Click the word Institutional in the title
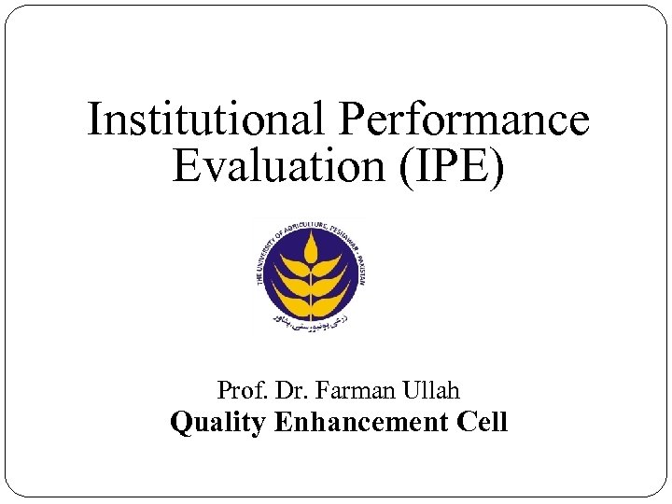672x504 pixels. (207, 121)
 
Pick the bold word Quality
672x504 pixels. (218, 422)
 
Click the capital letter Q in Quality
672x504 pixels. (180, 422)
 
